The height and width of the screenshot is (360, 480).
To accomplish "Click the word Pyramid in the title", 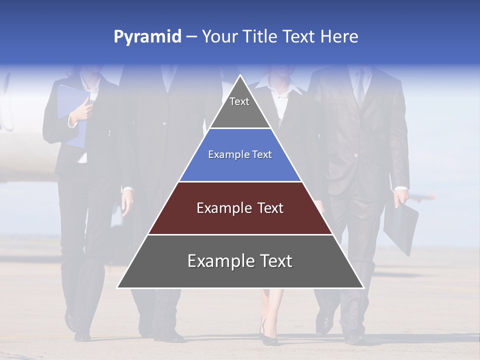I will coord(147,37).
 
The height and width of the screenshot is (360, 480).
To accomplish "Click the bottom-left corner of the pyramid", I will coord(118,287).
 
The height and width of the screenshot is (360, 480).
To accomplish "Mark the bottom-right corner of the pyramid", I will coord(362,287).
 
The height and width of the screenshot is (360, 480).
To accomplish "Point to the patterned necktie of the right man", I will coord(359,90).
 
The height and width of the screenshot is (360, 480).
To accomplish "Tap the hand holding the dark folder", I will coord(400,196).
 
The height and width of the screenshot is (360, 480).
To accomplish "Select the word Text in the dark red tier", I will coord(269,208).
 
